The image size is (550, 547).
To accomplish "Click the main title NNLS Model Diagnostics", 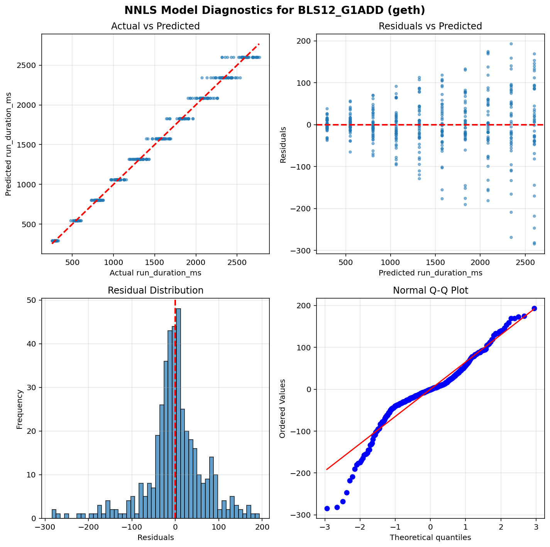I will (274, 10).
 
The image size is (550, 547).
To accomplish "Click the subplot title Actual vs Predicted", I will (155, 26).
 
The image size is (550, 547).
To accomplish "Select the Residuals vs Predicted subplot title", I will (430, 26).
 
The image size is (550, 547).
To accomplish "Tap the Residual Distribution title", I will (155, 290).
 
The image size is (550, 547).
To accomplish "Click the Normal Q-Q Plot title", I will (430, 290).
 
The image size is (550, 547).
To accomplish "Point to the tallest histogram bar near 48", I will (179, 413).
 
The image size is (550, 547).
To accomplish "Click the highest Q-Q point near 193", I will (534, 308).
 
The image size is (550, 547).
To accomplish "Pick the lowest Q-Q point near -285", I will (327, 508).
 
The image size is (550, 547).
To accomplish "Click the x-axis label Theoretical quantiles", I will (430, 537).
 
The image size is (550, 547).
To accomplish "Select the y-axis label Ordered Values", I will (283, 408).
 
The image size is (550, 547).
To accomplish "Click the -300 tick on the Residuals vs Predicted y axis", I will (301, 251).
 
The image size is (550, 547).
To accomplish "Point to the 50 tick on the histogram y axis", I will (33, 300).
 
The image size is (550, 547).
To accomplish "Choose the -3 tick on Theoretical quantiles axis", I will (325, 528).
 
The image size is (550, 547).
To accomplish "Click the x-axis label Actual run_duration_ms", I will (155, 273).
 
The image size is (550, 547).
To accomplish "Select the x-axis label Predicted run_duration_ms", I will (430, 273).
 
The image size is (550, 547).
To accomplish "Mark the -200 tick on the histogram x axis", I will (88, 528).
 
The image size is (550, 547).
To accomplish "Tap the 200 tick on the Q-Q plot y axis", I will (305, 306).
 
